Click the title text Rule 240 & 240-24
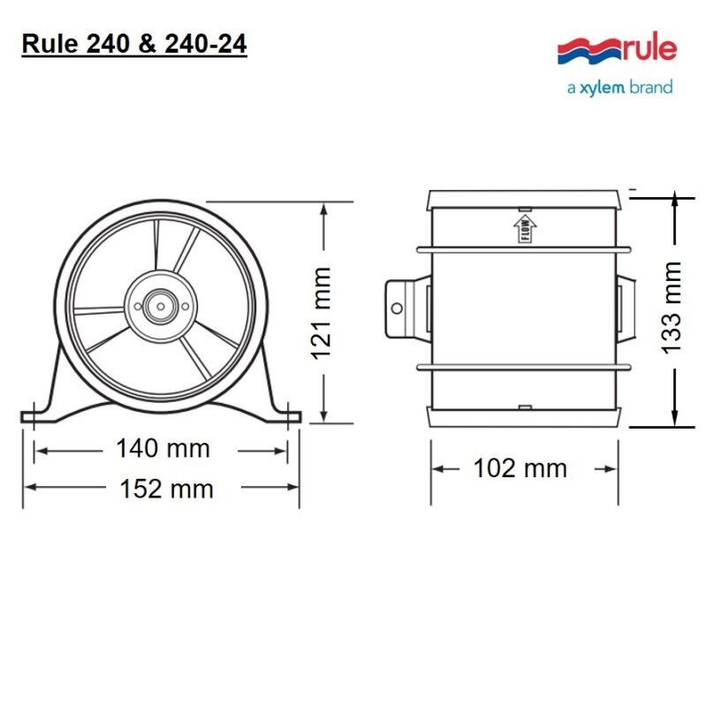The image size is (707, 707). pos(133,44)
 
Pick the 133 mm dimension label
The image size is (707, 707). pos(673,307)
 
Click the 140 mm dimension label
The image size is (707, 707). pos(163,449)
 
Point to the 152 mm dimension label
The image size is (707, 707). pos(166,488)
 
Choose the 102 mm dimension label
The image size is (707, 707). pos(520,468)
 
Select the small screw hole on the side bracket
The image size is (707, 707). pos(397,308)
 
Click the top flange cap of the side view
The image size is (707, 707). pos(523,199)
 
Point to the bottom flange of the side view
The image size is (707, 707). pos(523,416)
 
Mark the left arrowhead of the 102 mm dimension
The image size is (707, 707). pos(437,468)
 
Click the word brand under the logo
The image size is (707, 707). pos(650,87)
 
